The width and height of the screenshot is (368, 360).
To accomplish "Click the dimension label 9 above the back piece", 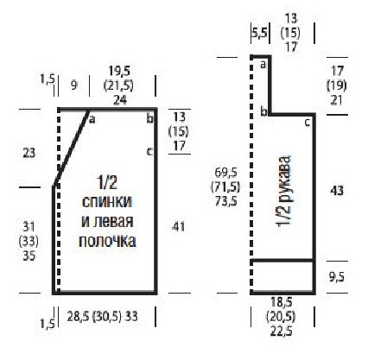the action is [74, 85].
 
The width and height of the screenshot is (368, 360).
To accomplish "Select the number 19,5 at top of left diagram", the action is [119, 71].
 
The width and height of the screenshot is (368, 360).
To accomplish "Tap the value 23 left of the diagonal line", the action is [29, 153].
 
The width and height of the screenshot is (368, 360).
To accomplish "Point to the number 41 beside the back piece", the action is [178, 227].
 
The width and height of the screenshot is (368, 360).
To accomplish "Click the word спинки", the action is [107, 202].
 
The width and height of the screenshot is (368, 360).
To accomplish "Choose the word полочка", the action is [107, 241].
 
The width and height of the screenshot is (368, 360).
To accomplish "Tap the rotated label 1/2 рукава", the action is [284, 192].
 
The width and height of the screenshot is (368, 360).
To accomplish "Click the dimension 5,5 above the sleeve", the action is [260, 33].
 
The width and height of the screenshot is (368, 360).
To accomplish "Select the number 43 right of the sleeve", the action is [337, 190].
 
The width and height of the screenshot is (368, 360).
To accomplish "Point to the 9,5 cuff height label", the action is [337, 277].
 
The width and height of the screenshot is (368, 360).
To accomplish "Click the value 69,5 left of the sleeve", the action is [226, 173].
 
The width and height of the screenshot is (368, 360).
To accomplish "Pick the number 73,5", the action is [226, 201].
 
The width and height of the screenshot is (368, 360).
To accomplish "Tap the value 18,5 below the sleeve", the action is [281, 302].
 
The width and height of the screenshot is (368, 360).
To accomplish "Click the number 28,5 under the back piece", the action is [78, 317].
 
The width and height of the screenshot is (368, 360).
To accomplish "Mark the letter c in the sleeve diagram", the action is [308, 123].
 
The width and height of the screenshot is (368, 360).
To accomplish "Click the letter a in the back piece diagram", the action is [92, 119].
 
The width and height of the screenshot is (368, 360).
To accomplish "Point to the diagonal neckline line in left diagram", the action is [71, 148].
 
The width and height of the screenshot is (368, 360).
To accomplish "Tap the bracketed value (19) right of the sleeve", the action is [336, 85].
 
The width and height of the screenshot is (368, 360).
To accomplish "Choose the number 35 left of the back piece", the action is [29, 256].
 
